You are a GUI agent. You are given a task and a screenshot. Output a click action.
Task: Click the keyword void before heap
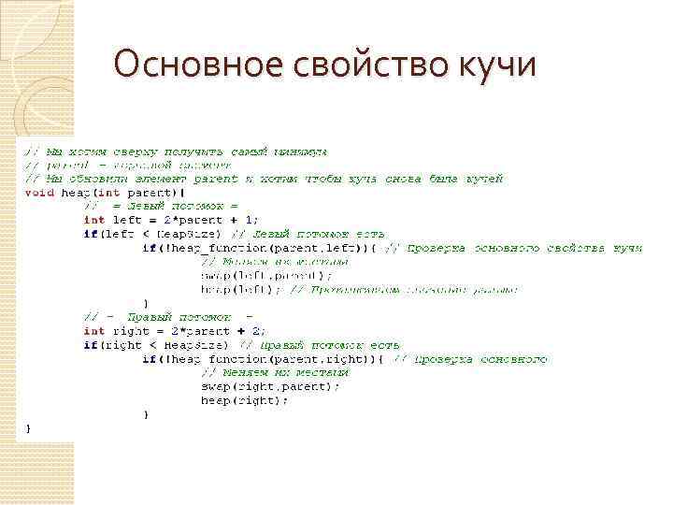39,193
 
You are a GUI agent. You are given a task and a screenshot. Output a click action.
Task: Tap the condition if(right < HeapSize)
155,345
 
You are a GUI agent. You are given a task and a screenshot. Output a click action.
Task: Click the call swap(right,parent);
270,386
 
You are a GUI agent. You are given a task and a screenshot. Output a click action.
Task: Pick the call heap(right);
245,400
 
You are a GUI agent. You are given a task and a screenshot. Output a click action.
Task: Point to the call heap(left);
241,290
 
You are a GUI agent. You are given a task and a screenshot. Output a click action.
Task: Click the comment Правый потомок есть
318,345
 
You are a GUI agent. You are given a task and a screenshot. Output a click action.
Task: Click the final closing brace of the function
27,428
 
